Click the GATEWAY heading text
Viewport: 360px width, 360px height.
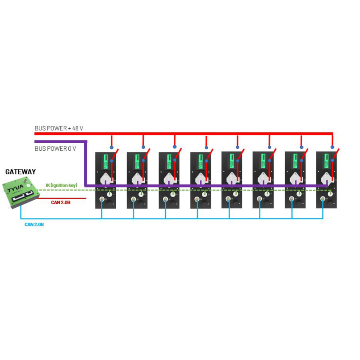tap(20, 172)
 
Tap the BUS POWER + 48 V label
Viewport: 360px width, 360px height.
tap(59, 128)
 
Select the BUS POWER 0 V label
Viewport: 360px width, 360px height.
tap(55, 148)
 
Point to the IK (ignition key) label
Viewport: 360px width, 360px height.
tap(61, 185)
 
